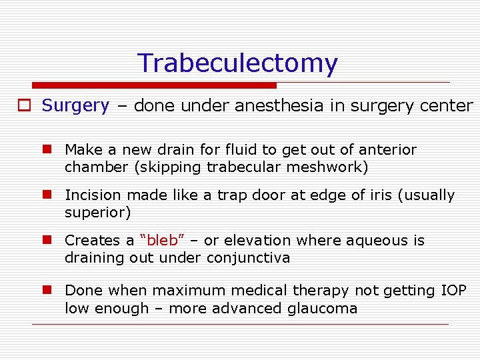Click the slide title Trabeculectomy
(237, 63)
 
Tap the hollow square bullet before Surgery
(24, 106)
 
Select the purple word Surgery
(75, 105)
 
